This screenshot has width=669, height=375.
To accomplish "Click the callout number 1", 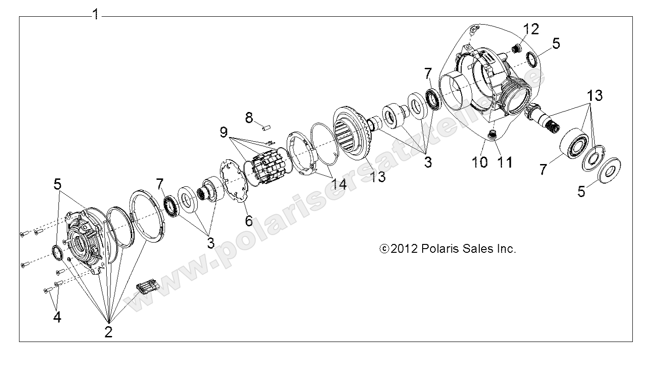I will pos(95,15).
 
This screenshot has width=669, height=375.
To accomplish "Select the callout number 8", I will pos(249,118).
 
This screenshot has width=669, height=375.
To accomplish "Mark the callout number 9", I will pos(225,133).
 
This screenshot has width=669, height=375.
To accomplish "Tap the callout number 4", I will pos(57,317).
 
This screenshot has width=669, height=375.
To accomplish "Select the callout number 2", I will pos(108,331).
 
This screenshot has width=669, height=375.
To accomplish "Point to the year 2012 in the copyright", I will pos(405,249).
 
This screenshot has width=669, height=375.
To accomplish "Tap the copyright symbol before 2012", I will pos(384,249).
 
